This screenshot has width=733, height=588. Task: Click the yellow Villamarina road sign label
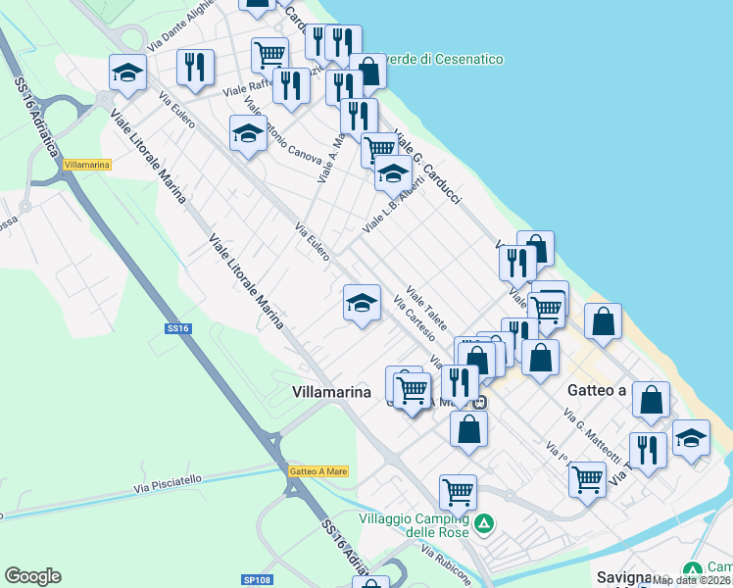coord(86,165)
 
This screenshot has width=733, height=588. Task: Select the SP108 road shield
coord(257,580)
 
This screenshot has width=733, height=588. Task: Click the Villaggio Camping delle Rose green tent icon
coord(483,524)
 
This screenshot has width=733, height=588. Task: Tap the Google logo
coord(32,576)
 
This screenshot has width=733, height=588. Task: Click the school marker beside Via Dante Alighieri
coord(128,73)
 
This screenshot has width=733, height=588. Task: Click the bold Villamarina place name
coord(332,392)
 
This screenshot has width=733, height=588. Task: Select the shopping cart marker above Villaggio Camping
coord(458,491)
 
